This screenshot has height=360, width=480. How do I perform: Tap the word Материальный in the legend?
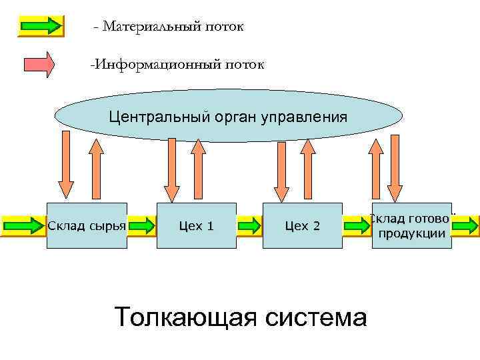(x=149, y=27)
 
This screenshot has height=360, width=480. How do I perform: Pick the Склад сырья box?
(x=87, y=225)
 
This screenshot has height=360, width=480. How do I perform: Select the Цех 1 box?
(x=197, y=225)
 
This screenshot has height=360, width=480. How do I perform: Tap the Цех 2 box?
(x=302, y=225)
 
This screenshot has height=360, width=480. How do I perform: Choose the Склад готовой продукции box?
(x=411, y=225)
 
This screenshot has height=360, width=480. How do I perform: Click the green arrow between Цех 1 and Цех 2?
(x=250, y=225)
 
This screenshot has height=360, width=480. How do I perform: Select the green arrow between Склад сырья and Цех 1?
(x=141, y=225)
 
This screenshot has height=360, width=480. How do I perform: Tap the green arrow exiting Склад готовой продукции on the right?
(x=465, y=225)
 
